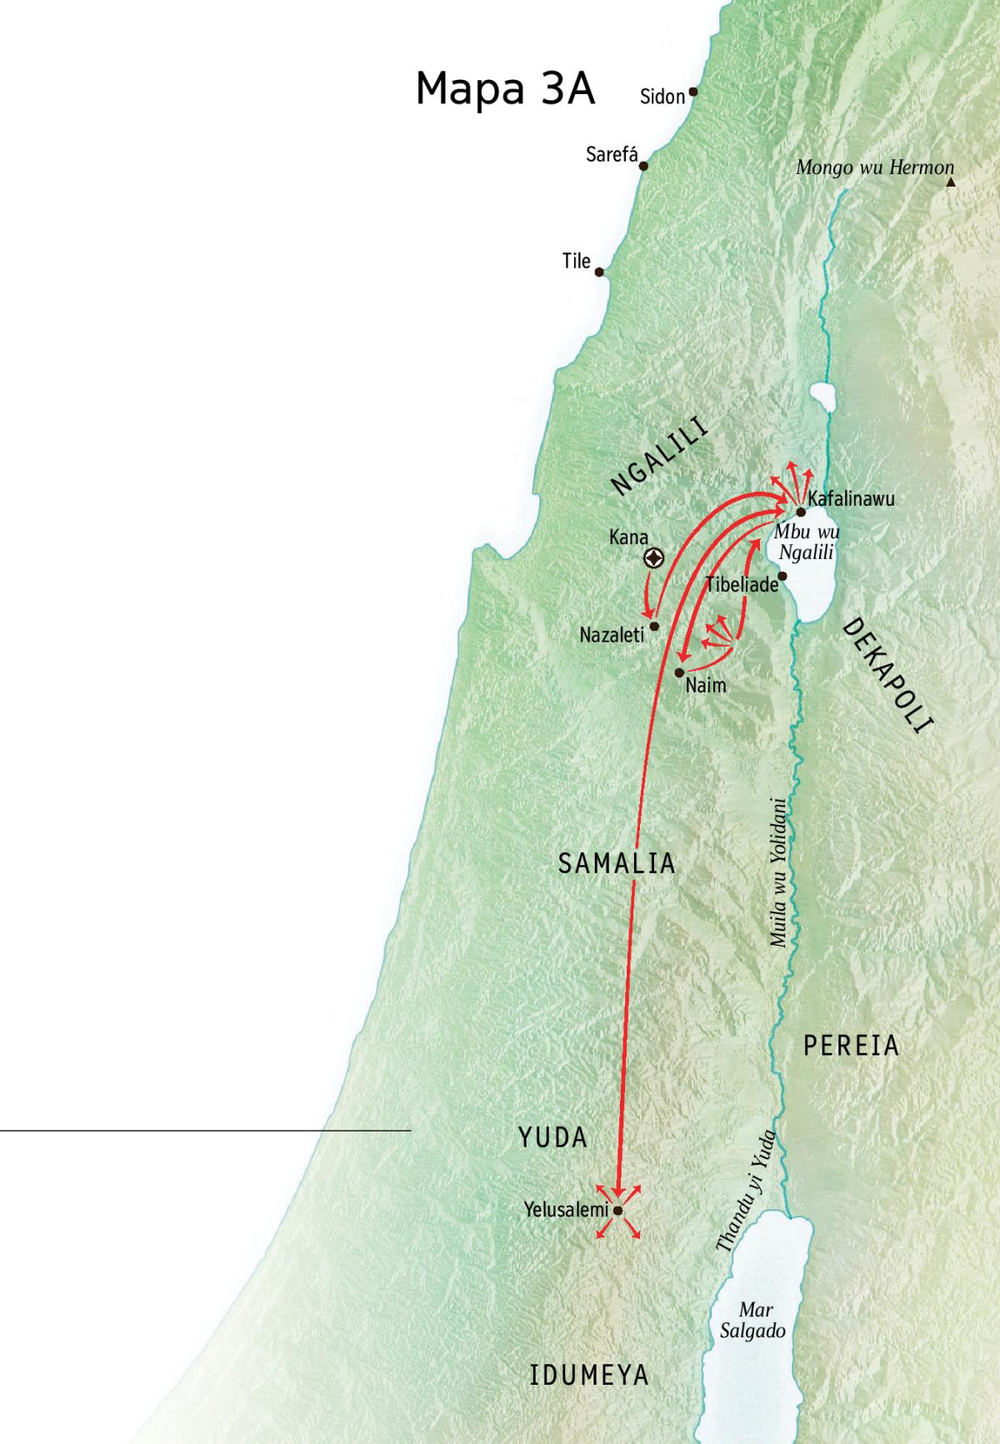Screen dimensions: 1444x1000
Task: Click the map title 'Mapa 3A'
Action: tap(505, 89)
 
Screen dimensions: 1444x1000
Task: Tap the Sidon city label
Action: tap(662, 97)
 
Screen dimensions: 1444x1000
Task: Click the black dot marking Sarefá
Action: tap(642, 166)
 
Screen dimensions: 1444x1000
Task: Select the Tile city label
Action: tap(576, 261)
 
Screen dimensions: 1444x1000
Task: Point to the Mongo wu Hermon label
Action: tap(874, 167)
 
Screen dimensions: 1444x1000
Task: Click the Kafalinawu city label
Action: tap(851, 499)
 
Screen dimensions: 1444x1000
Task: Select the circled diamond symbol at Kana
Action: tap(654, 558)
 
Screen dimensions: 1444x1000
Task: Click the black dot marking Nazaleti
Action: tap(654, 626)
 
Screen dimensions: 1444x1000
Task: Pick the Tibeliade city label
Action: tap(742, 584)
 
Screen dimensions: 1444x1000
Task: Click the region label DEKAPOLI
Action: tap(886, 676)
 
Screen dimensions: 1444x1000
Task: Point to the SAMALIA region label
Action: tap(617, 863)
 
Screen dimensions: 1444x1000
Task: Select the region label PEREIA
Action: tap(851, 1046)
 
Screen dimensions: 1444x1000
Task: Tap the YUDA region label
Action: tap(552, 1137)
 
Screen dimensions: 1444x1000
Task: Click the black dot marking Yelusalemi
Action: tap(618, 1211)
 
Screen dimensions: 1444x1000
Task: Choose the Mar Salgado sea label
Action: tap(752, 1321)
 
